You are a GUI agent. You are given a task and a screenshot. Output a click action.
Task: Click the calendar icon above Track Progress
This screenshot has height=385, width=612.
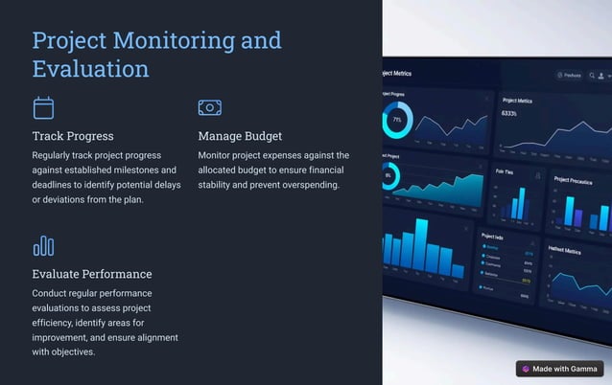(43, 107)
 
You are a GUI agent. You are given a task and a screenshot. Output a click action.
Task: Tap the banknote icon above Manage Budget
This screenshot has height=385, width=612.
(210, 107)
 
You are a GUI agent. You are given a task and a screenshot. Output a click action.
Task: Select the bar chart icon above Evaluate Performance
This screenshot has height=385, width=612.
(43, 246)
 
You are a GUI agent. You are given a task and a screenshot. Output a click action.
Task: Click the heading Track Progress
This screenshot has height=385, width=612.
(73, 136)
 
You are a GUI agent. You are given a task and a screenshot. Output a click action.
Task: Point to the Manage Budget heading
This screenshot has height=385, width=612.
(240, 136)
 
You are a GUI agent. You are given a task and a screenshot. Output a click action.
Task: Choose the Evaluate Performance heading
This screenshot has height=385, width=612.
(92, 274)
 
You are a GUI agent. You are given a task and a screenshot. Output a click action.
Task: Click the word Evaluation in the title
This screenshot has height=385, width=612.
(90, 69)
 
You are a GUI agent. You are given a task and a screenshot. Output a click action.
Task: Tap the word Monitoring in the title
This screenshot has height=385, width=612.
(173, 40)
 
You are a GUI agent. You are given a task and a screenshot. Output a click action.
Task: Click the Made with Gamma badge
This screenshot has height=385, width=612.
(559, 369)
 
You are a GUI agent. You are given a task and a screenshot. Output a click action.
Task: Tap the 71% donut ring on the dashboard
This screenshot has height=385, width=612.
(397, 120)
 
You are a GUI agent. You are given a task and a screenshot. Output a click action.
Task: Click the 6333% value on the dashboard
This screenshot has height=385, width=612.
(509, 114)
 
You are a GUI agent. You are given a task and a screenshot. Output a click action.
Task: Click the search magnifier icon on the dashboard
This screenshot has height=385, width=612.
(559, 75)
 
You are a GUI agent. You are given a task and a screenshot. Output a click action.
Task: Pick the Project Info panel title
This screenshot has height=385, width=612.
(492, 236)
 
